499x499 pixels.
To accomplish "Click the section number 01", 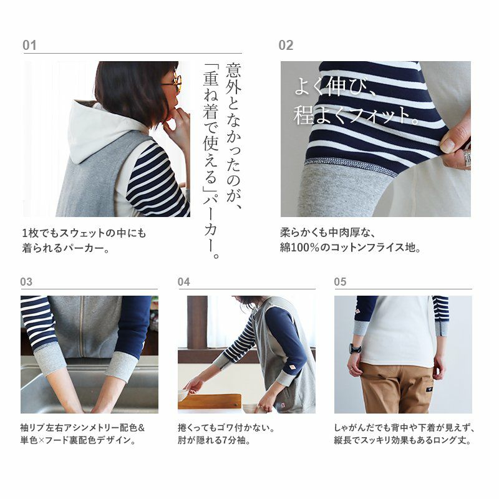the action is pyautogui.click(x=29, y=45).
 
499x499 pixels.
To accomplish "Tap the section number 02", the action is pyautogui.click(x=286, y=45).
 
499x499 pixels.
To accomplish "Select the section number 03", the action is pyautogui.click(x=26, y=282).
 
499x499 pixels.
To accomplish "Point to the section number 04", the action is pyautogui.click(x=183, y=282).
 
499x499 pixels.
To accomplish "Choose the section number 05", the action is pyautogui.click(x=340, y=282).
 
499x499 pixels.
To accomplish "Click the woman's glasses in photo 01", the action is pyautogui.click(x=173, y=82).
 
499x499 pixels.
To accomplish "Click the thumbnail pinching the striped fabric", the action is pyautogui.click(x=448, y=145).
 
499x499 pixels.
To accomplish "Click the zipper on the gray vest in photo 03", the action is pyautogui.click(x=82, y=327).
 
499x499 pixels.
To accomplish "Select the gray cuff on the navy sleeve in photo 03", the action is pyautogui.click(x=122, y=366).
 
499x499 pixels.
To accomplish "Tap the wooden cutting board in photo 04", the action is pyautogui.click(x=210, y=402).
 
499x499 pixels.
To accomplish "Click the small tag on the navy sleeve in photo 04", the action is pyautogui.click(x=291, y=367).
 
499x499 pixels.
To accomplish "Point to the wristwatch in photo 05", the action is pyautogui.click(x=356, y=349).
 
